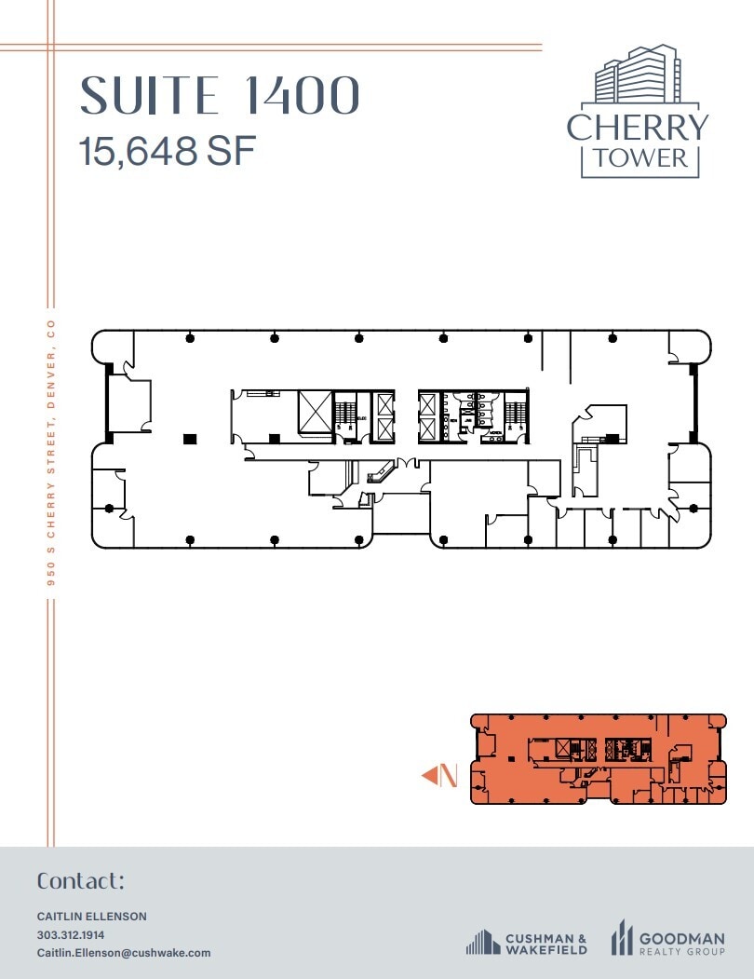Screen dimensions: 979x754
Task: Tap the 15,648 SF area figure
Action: pos(168,151)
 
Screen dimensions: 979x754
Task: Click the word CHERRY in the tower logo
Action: pos(638,128)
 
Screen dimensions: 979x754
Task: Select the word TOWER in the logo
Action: pos(640,157)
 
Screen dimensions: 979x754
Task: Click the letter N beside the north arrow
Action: pos(449,775)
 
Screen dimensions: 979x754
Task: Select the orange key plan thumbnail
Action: pos(598,758)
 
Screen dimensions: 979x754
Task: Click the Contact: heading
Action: pos(80,881)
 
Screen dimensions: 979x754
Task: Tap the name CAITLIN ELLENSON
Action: pos(91,917)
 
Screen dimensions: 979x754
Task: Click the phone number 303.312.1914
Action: pos(71,934)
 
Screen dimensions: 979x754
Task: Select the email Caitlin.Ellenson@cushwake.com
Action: pos(124,953)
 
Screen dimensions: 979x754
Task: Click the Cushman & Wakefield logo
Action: pos(527,943)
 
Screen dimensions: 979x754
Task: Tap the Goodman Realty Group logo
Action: pos(666,937)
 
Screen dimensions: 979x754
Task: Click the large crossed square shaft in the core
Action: pos(315,411)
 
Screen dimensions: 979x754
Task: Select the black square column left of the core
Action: pos(190,438)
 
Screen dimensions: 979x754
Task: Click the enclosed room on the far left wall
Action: pos(129,406)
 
